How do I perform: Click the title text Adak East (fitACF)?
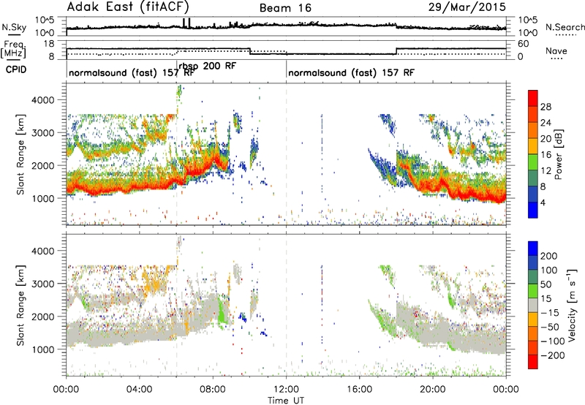click(x=128, y=7)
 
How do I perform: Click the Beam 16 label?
click(x=285, y=8)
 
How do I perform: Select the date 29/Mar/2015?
click(x=467, y=7)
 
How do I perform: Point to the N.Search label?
click(x=565, y=27)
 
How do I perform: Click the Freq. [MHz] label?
click(x=13, y=49)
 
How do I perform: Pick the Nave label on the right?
click(x=556, y=50)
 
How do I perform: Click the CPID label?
click(x=16, y=69)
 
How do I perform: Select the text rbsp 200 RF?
click(x=208, y=66)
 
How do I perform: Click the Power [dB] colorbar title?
click(x=558, y=154)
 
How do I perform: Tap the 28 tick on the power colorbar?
click(x=546, y=107)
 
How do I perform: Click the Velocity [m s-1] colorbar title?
click(x=571, y=305)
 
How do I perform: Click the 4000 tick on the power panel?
click(x=43, y=100)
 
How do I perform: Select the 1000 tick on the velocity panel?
click(x=43, y=349)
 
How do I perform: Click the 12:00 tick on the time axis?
click(x=286, y=390)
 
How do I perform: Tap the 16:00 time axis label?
click(x=359, y=390)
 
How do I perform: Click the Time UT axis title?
click(x=286, y=401)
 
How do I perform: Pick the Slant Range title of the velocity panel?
click(x=20, y=306)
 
